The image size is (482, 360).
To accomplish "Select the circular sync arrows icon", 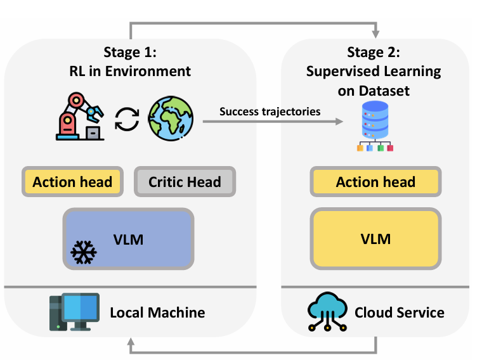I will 126,119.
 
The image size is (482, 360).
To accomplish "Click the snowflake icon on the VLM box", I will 84,252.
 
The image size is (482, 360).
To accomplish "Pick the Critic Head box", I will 185,182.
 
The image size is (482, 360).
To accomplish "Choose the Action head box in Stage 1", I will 72,182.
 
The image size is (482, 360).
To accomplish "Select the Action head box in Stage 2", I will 375,182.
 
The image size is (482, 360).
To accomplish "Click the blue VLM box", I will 128,240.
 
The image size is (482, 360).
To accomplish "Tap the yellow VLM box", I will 375,239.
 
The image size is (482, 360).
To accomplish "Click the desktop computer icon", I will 74,312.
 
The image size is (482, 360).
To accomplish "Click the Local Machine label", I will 157,312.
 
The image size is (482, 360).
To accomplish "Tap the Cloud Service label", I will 399,312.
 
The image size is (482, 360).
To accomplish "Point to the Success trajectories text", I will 270,112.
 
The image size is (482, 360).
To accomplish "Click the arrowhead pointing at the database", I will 346,121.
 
